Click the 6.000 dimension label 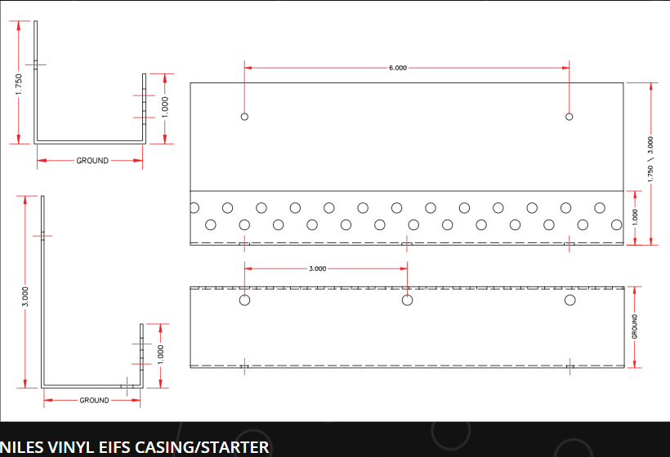pos(397,68)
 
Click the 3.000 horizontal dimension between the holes pos(318,268)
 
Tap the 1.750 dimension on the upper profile pos(18,85)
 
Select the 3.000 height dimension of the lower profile pos(25,296)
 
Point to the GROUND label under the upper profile pos(92,161)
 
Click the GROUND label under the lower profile pos(95,400)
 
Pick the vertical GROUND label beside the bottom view pos(635,327)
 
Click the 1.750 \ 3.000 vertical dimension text pos(650,159)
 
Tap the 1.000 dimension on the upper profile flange pos(165,107)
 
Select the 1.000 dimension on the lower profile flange pos(161,355)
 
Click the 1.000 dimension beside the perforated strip pos(635,218)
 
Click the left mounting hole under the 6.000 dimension pos(244,117)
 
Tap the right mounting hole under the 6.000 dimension pos(569,117)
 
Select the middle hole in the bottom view pos(407,300)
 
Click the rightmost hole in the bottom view pos(570,300)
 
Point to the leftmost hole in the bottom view pos(244,300)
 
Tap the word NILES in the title pos(22,447)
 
